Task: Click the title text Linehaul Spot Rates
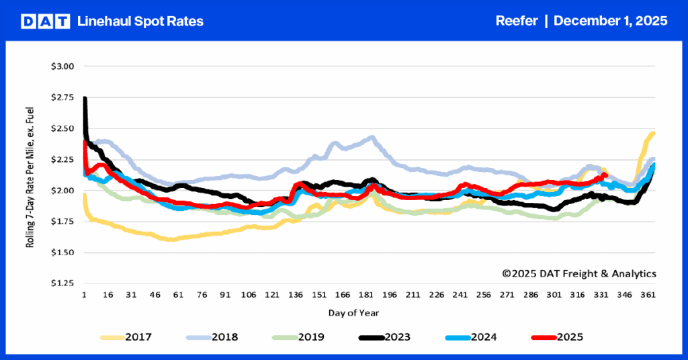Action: (x=140, y=21)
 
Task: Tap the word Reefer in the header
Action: (x=516, y=21)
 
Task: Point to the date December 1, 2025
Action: (x=611, y=21)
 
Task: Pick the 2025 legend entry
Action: (x=569, y=336)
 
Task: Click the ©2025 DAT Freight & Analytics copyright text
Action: (x=579, y=273)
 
